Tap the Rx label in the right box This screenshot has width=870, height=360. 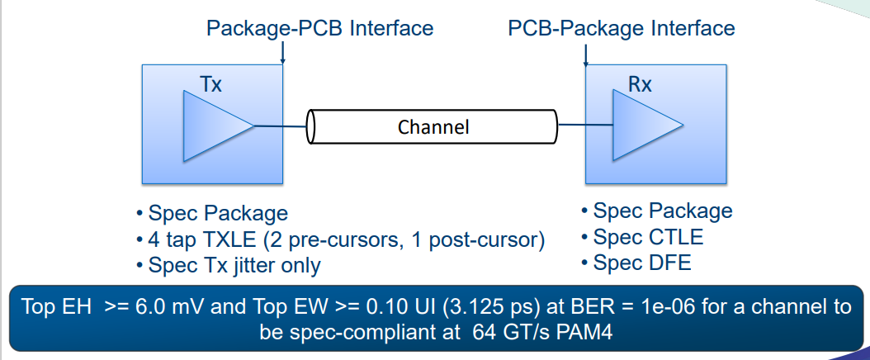[x=640, y=84]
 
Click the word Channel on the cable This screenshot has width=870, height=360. [x=433, y=127]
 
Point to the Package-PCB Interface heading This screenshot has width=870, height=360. [x=319, y=28]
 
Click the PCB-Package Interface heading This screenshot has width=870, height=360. [x=621, y=29]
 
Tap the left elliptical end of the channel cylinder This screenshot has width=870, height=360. [x=312, y=126]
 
